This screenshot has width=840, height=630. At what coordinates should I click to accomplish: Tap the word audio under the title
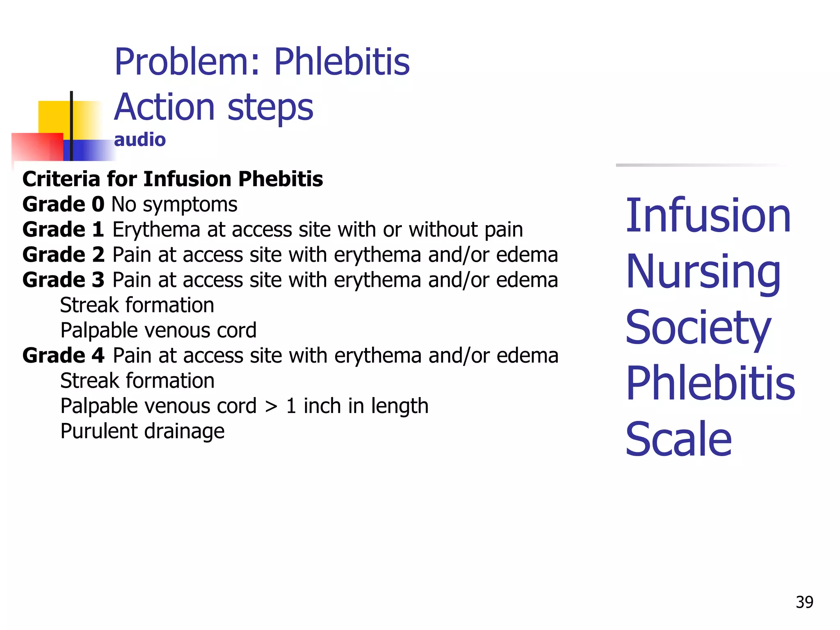pos(139,140)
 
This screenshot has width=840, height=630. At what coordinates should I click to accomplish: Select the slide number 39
pos(804,602)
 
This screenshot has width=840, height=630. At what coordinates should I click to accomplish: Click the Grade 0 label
pos(63,204)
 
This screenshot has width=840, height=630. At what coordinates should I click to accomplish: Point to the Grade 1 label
pos(63,230)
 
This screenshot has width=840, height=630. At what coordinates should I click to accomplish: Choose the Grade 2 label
pos(63,255)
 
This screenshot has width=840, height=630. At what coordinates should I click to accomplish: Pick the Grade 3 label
pos(63,280)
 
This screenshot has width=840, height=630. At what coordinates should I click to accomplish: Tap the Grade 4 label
pos(63,356)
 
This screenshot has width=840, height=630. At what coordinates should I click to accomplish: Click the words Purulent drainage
pos(142,431)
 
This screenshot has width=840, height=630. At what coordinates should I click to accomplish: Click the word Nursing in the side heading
pos(703,272)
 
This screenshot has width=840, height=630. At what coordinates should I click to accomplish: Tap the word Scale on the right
pos(678,440)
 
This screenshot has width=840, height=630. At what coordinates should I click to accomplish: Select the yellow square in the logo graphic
pos(53,116)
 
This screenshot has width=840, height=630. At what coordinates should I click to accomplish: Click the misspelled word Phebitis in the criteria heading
pos(281,179)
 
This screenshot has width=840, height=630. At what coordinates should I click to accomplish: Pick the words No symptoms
pos(174,205)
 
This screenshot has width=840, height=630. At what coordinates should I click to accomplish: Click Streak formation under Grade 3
pos(137,306)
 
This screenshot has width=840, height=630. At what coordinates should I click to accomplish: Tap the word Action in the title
pos(164,107)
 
